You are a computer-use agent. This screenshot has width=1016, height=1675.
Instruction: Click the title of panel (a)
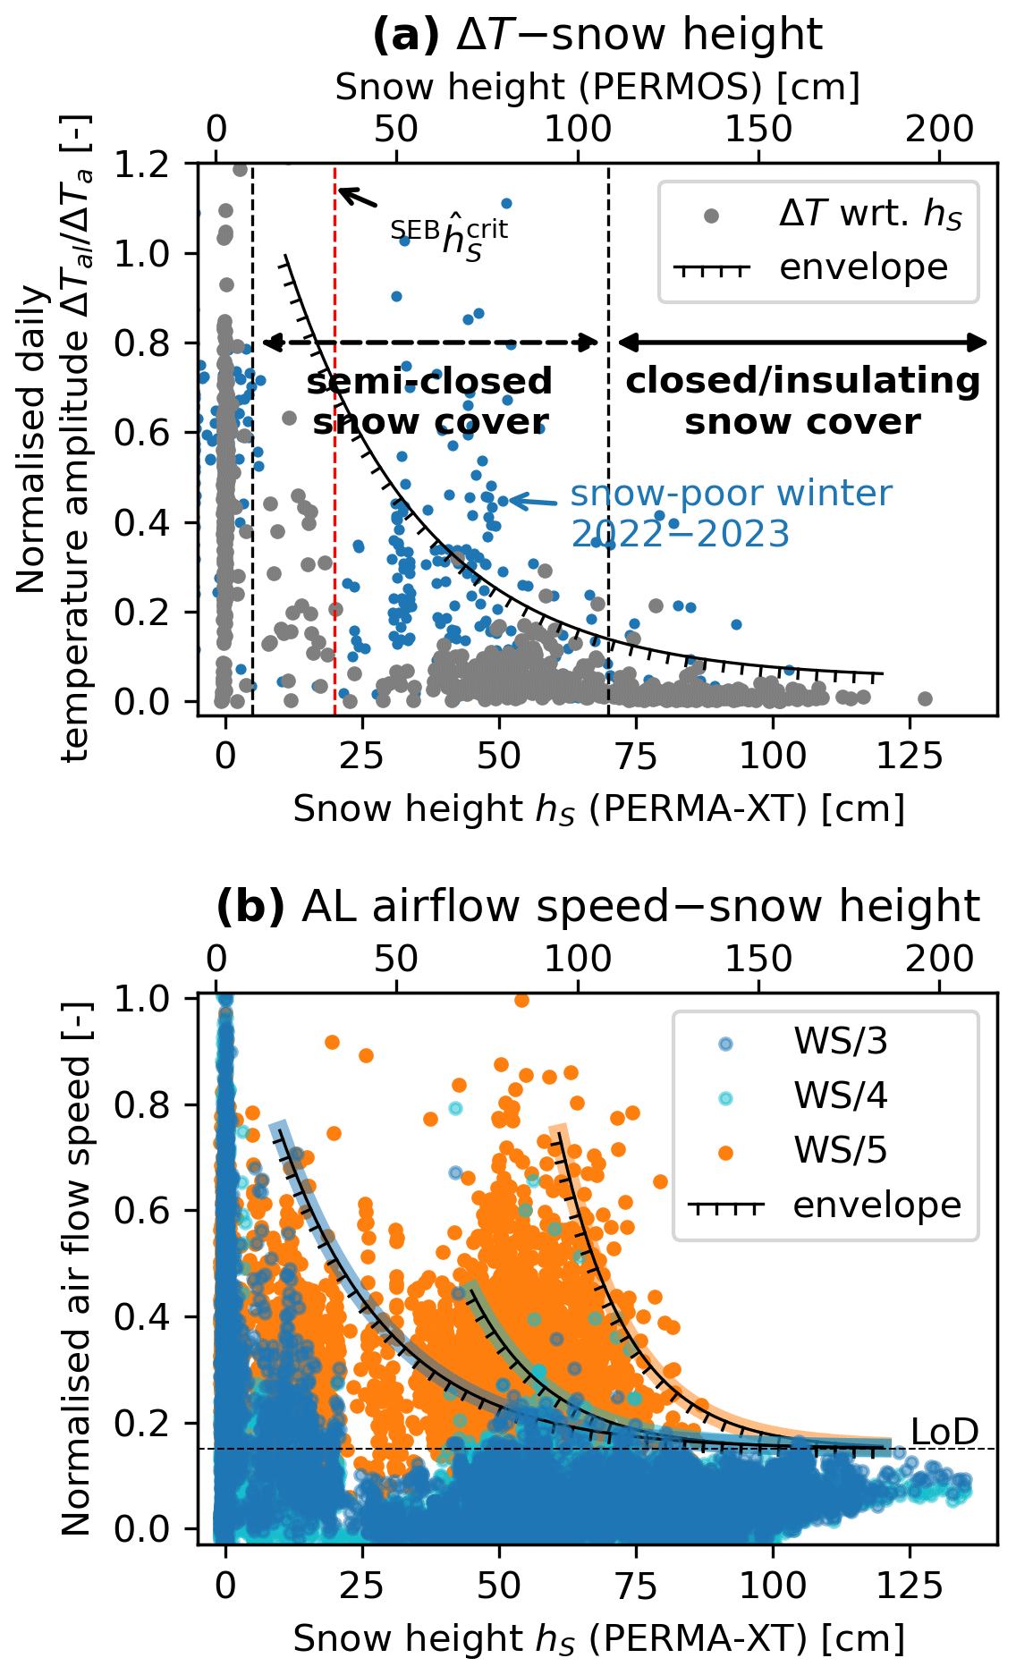(x=597, y=35)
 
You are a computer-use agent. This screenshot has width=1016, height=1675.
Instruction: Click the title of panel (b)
(x=597, y=906)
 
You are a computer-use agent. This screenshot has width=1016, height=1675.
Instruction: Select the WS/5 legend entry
(x=839, y=1150)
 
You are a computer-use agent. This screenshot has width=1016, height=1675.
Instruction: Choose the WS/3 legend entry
(x=839, y=1042)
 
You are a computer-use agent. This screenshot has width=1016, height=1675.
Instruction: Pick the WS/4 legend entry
(x=839, y=1096)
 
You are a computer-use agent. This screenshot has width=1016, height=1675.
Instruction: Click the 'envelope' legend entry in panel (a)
(x=862, y=267)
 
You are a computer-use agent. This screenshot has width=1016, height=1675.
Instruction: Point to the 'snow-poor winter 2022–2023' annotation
(x=730, y=513)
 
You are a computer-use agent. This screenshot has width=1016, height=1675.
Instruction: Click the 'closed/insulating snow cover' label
(x=802, y=401)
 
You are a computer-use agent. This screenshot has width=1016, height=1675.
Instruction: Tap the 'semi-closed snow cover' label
(x=429, y=402)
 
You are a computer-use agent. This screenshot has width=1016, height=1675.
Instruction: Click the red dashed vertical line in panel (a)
(x=335, y=537)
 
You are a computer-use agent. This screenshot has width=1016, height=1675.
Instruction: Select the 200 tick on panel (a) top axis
(x=939, y=130)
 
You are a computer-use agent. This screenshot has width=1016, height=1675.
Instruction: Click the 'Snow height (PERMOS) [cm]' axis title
(x=597, y=87)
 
